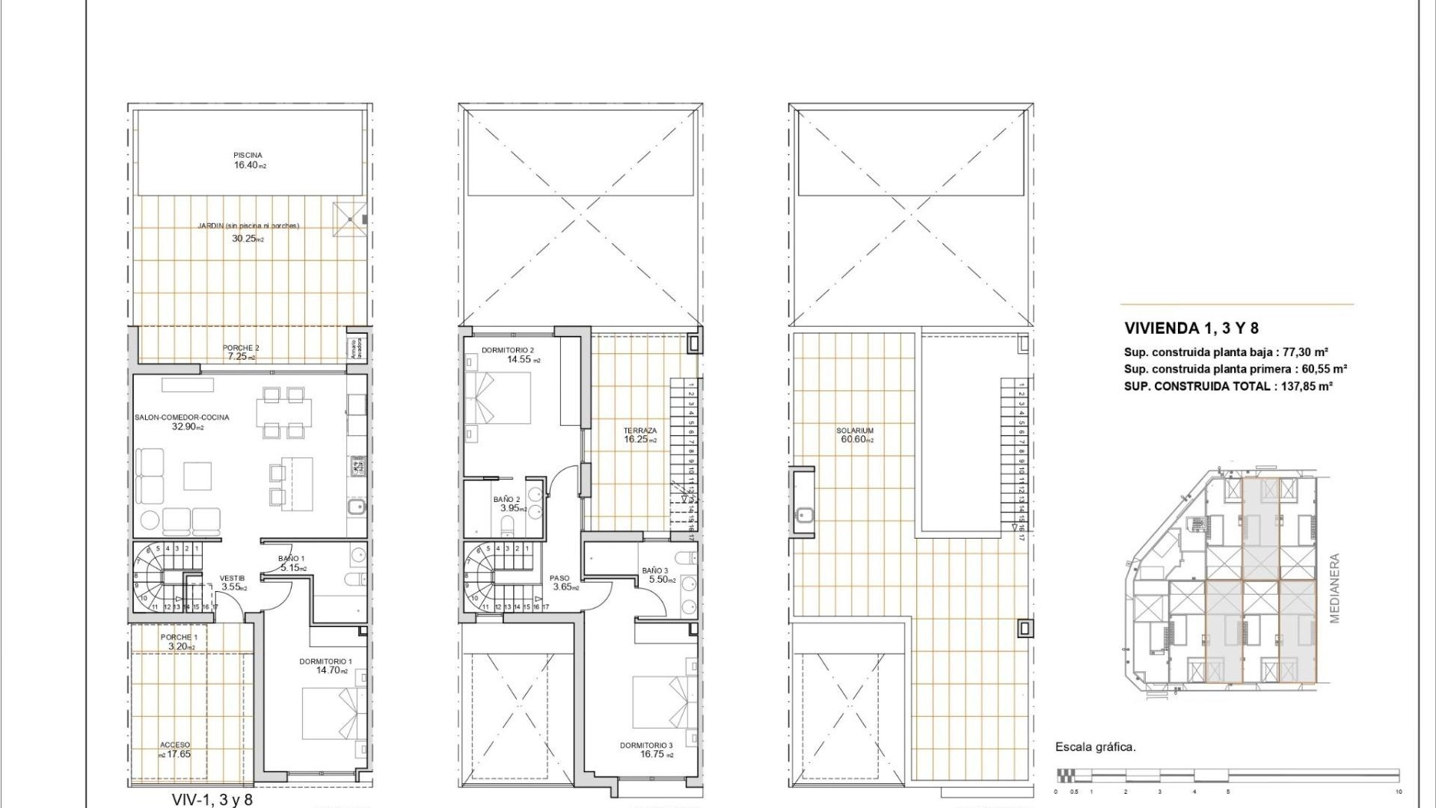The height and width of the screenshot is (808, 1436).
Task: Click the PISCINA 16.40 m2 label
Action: tap(248, 160)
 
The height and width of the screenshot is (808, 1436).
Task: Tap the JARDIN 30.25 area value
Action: tap(247, 239)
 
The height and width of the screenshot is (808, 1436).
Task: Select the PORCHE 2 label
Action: tap(241, 349)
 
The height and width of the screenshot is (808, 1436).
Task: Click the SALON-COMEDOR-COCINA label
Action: tap(182, 417)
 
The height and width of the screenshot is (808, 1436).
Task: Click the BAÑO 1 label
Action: tap(291, 559)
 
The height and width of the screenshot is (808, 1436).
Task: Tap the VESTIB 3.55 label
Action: tap(232, 582)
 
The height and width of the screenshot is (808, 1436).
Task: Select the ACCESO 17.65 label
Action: tap(175, 750)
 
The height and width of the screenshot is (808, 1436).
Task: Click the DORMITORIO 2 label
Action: tap(507, 350)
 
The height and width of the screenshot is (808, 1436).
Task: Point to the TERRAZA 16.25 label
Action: tap(640, 435)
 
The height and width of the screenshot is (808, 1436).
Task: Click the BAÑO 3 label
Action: tap(655, 571)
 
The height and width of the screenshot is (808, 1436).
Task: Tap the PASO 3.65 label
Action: tap(560, 582)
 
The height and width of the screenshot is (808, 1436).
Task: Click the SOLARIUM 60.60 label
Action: tap(856, 435)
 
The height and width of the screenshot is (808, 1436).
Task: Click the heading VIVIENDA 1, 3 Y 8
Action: tap(1191, 328)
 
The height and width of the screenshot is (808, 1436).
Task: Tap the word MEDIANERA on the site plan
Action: tap(1335, 588)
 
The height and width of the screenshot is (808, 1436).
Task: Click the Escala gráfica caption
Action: tap(1095, 747)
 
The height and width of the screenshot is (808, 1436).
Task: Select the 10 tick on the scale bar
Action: tap(1398, 792)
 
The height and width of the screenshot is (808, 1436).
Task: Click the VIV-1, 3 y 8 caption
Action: tap(212, 800)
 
